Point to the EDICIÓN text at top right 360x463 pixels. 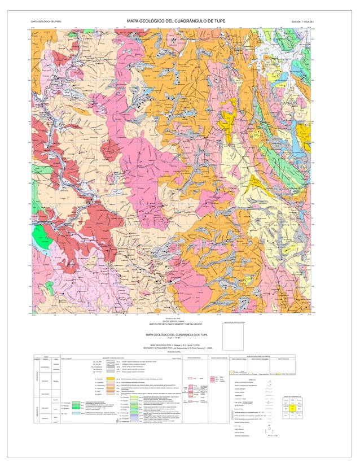(x=310, y=21)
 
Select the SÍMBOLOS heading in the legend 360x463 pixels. (x=267, y=379)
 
